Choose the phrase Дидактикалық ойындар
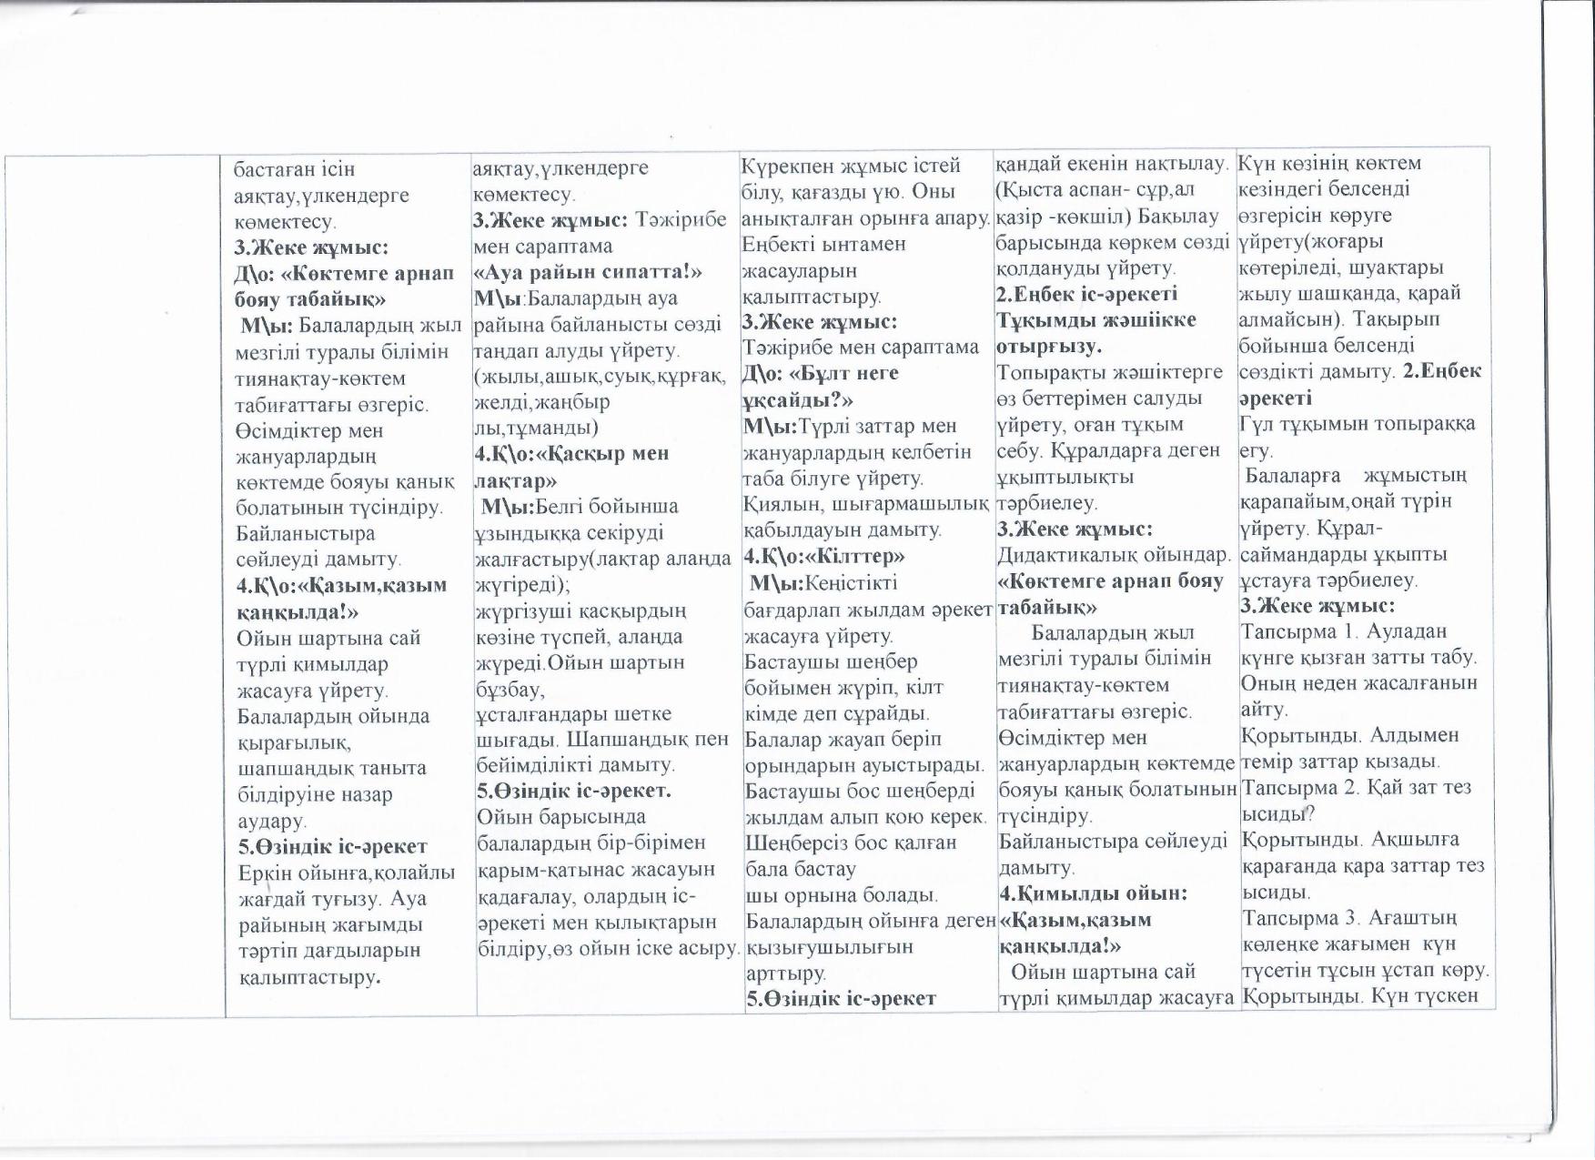click(1114, 554)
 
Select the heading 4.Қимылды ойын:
click(1093, 893)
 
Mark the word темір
click(1266, 762)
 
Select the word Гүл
click(1256, 424)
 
